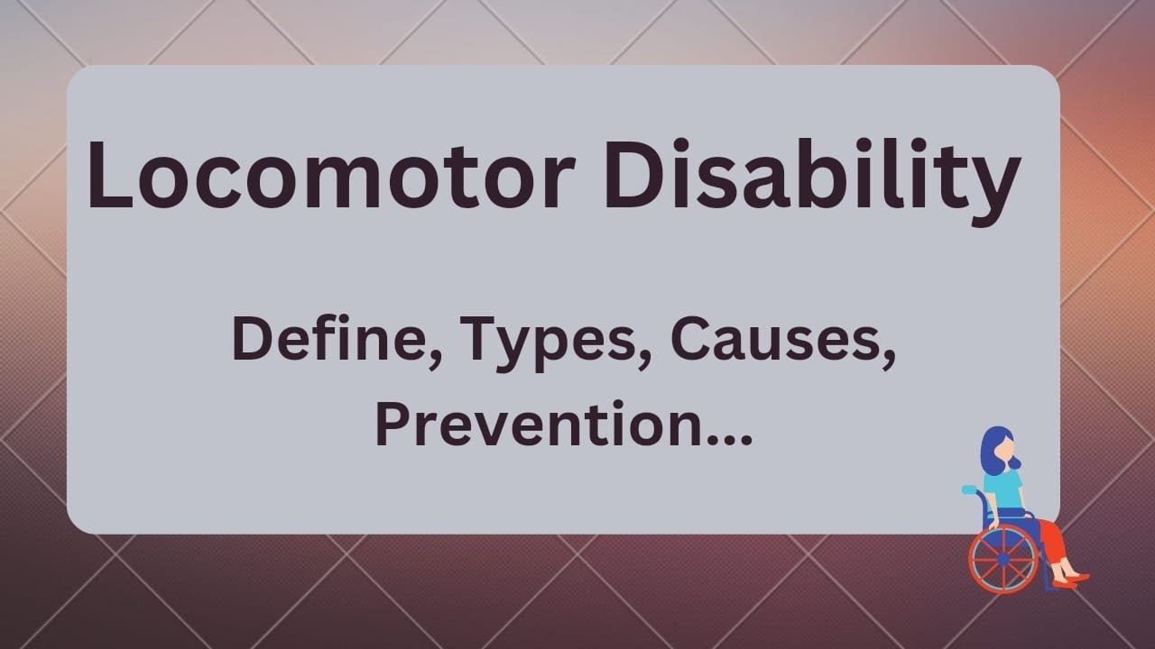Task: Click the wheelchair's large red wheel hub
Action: pos(1003,559)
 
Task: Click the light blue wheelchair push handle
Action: pos(970,490)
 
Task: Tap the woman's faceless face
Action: pos(1005,444)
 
